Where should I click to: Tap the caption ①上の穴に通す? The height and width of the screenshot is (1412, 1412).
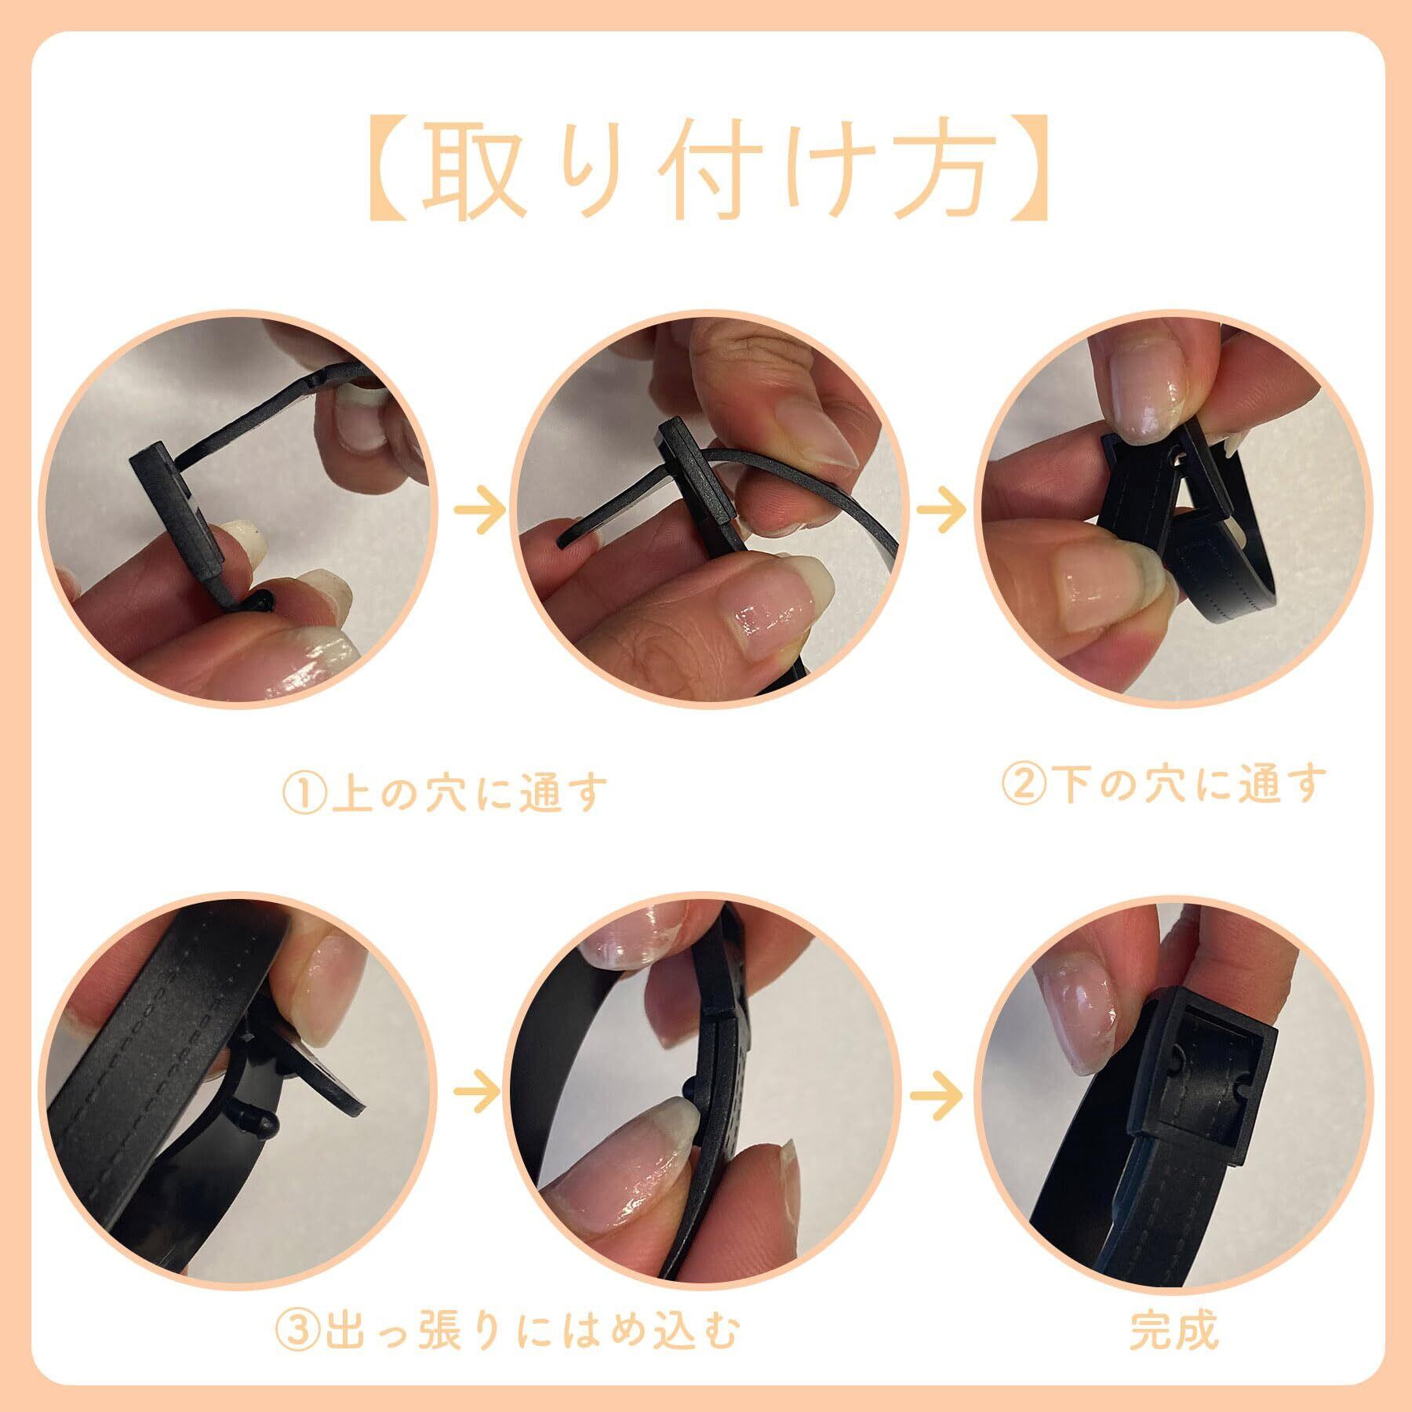click(x=445, y=794)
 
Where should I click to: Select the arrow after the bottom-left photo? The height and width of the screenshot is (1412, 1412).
click(x=479, y=1092)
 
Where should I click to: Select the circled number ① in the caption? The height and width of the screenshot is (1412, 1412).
click(x=301, y=795)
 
